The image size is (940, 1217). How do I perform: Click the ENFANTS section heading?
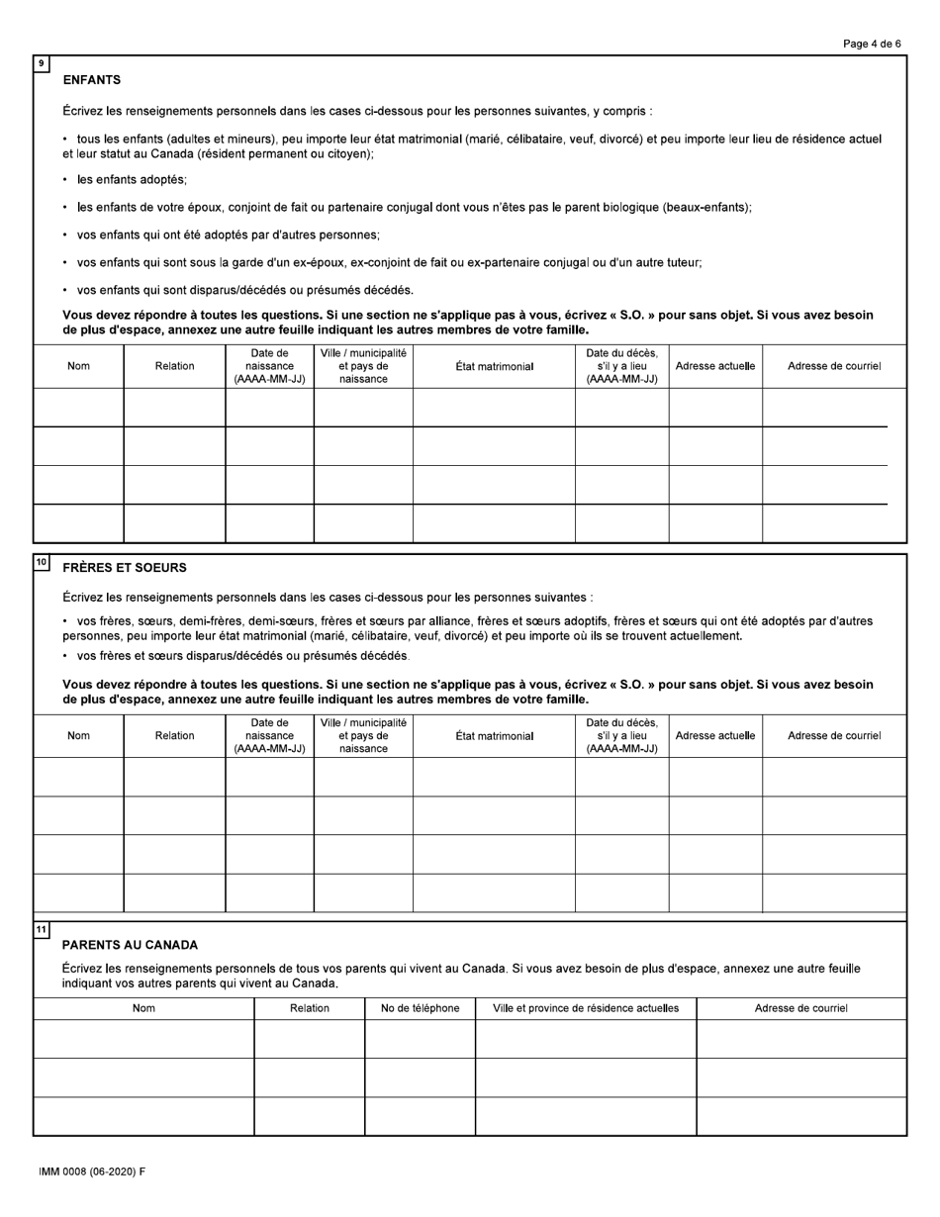tap(91, 79)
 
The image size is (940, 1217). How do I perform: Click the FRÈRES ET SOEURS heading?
tap(124, 568)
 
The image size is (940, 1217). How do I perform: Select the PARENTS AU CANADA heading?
tap(130, 945)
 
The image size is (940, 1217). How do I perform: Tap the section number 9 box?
tap(42, 63)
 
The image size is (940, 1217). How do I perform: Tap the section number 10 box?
tap(42, 562)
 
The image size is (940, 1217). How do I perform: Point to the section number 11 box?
tap(42, 929)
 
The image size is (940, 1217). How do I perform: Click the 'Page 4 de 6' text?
tap(872, 44)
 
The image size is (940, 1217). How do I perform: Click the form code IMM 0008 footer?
tap(92, 1171)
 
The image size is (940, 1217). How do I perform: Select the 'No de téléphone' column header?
tap(420, 1008)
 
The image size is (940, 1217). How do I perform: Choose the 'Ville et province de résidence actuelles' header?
tap(586, 1008)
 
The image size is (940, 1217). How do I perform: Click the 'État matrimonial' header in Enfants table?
tap(494, 366)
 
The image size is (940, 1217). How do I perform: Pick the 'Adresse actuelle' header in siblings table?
tap(714, 735)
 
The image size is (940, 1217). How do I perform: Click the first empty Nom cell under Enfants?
tap(78, 407)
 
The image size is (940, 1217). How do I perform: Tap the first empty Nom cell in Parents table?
tap(143, 1039)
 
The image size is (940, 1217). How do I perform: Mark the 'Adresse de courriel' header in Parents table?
tap(800, 1008)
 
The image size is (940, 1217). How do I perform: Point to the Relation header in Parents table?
tap(309, 1008)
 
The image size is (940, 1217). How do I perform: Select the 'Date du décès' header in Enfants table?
tap(621, 366)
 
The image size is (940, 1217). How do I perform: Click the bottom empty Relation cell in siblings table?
tap(174, 892)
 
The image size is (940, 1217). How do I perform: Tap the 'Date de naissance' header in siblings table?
tap(269, 735)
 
